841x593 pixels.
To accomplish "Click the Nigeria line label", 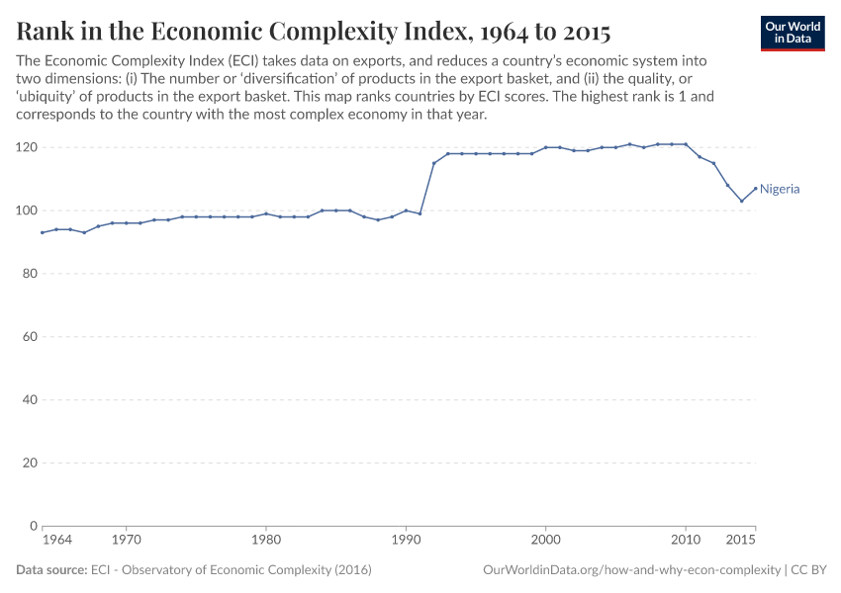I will point(780,189).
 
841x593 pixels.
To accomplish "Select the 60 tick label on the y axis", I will point(29,337).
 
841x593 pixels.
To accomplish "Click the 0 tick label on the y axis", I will point(33,526).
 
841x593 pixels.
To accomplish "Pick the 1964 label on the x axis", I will point(56,541).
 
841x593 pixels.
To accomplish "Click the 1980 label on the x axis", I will point(265,541).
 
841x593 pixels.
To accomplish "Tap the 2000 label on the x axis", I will point(545,541).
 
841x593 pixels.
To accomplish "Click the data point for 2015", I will point(756,189).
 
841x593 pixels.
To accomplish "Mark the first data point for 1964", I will point(43,232).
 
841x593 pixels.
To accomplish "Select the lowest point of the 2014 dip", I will point(742,201).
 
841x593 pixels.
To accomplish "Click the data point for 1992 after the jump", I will point(434,163).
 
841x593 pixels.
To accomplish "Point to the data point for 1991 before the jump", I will point(420,213).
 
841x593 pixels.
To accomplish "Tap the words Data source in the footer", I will point(51,570).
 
